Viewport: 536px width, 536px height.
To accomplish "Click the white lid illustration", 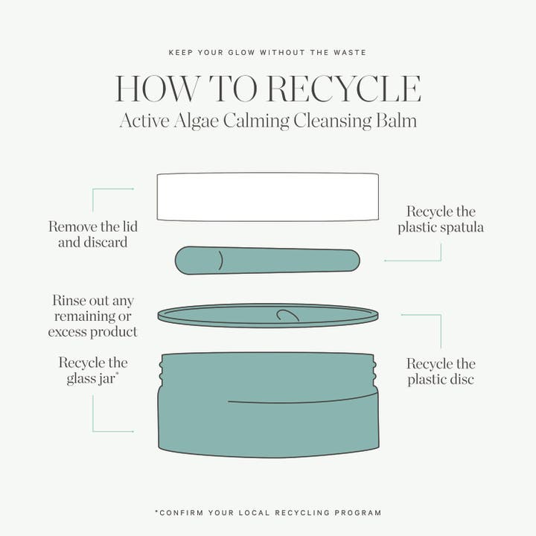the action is click(268, 197).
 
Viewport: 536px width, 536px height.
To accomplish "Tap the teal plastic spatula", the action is click(267, 261).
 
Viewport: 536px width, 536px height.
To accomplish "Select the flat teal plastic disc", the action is click(268, 316).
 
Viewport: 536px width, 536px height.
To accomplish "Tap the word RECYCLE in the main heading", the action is click(343, 89).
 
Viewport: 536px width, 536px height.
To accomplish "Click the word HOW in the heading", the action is click(157, 89).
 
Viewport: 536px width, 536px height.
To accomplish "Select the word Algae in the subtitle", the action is click(196, 121).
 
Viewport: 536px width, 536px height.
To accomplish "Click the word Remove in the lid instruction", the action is click(69, 226).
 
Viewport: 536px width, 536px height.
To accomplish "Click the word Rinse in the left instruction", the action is click(69, 301).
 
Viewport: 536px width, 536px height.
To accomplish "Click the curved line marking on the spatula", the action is click(221, 261).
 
